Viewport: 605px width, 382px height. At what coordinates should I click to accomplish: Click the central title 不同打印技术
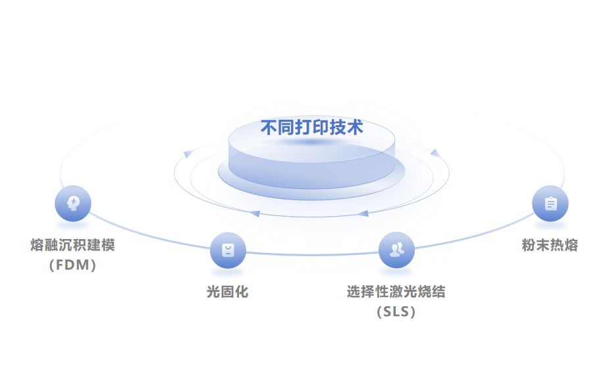(x=311, y=127)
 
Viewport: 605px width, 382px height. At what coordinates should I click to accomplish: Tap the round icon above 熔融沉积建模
(x=72, y=203)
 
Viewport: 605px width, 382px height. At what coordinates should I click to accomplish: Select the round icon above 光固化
(x=228, y=250)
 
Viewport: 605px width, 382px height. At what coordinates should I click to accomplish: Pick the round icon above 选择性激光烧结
(x=396, y=250)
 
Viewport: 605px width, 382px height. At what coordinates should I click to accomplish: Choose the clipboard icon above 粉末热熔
(x=550, y=204)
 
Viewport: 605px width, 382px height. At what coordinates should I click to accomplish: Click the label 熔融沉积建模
(x=72, y=246)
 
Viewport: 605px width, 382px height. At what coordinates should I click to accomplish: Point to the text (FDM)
(x=72, y=265)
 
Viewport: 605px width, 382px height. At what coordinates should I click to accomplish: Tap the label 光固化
(x=228, y=291)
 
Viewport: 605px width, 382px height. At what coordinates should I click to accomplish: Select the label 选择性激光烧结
(x=396, y=291)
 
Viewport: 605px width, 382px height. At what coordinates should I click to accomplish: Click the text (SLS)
(x=396, y=312)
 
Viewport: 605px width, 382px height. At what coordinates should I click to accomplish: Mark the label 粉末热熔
(x=550, y=246)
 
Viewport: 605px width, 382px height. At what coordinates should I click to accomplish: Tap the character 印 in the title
(x=312, y=127)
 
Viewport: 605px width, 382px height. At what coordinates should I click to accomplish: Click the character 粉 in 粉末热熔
(x=529, y=246)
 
